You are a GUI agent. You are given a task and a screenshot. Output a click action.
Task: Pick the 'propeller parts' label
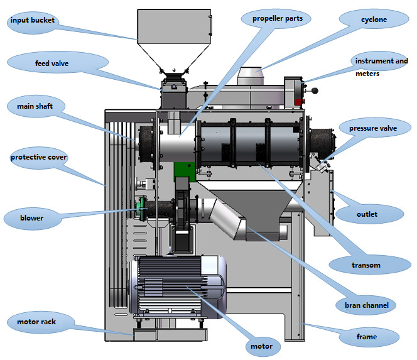[x=278, y=19]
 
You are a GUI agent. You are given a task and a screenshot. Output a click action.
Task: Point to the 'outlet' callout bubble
[x=367, y=214]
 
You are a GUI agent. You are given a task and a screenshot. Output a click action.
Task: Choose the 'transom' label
[x=366, y=265]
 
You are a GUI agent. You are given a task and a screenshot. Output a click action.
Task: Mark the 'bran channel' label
[x=366, y=306]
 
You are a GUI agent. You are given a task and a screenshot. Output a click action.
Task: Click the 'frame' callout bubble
[x=367, y=337]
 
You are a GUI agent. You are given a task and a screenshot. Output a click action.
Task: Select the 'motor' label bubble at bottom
[x=261, y=346]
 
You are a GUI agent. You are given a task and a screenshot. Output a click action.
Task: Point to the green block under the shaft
[x=183, y=170]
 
